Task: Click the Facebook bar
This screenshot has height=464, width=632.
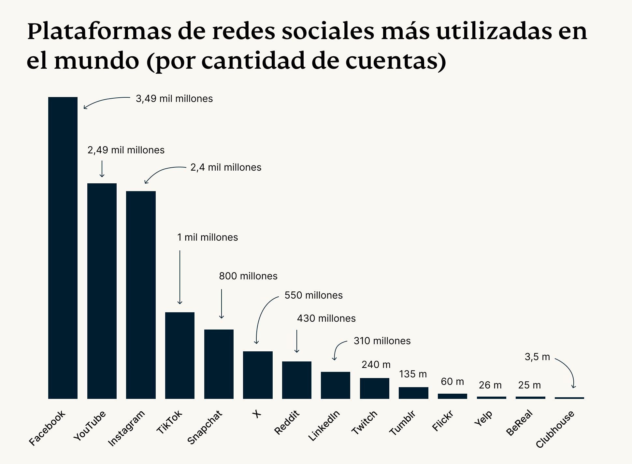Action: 63,247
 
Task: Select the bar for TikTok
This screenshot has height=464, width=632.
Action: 180,355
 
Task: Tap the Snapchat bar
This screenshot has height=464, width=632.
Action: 219,364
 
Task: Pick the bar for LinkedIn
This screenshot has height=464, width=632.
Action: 336,385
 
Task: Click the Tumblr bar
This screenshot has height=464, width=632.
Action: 413,393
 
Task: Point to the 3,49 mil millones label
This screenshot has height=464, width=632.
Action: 174,99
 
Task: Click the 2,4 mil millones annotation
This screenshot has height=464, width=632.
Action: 226,167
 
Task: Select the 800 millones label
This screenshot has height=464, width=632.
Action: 248,276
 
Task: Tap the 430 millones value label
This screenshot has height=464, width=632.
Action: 326,318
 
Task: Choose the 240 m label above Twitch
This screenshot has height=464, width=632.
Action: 376,365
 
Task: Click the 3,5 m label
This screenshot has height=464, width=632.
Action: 537,357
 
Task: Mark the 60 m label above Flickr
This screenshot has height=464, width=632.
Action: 452,382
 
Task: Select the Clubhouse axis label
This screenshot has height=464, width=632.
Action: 555,429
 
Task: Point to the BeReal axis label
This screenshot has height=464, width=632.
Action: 519,423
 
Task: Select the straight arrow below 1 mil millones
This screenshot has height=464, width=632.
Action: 180,277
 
